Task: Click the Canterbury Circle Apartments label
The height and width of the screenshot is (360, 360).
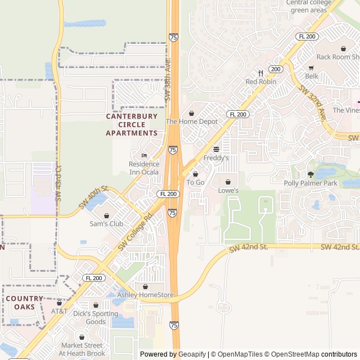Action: [x=132, y=125]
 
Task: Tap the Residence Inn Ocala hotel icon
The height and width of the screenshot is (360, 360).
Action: [x=144, y=155]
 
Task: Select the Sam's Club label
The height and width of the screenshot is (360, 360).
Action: [x=107, y=224]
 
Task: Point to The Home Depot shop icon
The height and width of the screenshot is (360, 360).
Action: [x=191, y=113]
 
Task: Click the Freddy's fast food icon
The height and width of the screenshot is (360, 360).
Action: [x=216, y=149]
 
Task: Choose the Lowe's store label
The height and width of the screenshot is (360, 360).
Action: [x=228, y=191]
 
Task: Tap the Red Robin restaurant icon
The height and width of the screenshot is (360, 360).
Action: [x=260, y=73]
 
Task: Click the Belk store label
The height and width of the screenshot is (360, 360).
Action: [x=312, y=76]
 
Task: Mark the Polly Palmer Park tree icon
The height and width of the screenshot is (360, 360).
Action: [x=310, y=174]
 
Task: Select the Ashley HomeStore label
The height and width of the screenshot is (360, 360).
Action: [x=145, y=295]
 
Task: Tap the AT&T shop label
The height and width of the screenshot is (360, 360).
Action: [x=59, y=311]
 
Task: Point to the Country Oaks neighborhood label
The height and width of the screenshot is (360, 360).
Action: [x=24, y=303]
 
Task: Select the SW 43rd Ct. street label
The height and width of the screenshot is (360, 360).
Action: [x=58, y=181]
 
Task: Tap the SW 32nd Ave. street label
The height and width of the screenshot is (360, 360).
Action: [x=313, y=103]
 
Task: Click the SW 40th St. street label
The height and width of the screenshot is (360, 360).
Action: [x=93, y=197]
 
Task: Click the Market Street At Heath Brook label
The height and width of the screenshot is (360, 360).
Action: [x=82, y=349]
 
